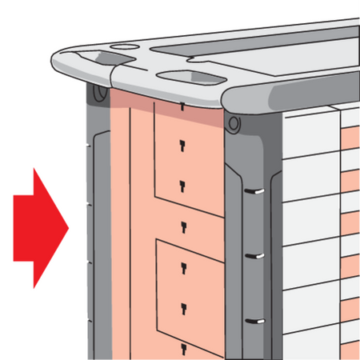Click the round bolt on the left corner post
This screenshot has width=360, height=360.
(98, 93)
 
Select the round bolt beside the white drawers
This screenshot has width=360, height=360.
(233, 124)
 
